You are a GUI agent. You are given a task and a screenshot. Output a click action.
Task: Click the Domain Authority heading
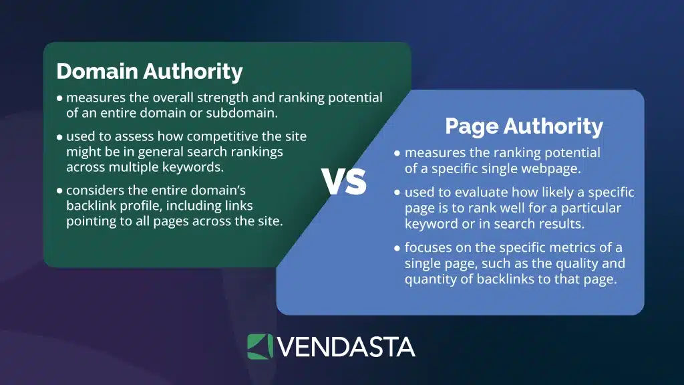pyautogui.click(x=149, y=72)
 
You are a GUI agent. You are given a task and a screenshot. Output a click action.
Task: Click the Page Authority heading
pyautogui.click(x=524, y=126)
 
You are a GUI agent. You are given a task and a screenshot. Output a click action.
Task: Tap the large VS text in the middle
pyautogui.click(x=344, y=181)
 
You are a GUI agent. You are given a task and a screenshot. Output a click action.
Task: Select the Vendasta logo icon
pyautogui.click(x=260, y=346)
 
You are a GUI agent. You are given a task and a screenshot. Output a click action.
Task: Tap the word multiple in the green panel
pyautogui.click(x=132, y=167)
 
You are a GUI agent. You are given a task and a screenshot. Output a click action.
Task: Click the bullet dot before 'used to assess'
pyautogui.click(x=60, y=137)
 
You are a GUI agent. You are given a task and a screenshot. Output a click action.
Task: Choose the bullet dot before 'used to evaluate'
pyautogui.click(x=398, y=193)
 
